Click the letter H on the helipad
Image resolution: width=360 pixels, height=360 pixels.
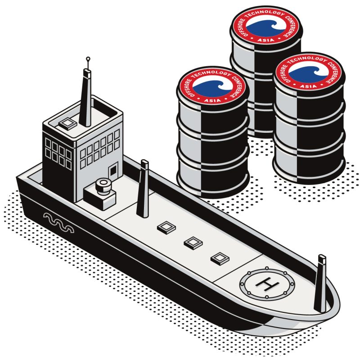(x=267, y=284)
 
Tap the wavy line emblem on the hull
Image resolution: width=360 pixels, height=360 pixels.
(x=59, y=222)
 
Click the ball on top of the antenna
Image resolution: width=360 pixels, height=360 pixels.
(x=88, y=59)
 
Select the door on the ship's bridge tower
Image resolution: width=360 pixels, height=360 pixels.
(x=113, y=171)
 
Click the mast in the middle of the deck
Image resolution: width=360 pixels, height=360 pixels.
(x=143, y=189)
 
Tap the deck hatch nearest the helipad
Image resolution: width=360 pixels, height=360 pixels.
(x=220, y=258)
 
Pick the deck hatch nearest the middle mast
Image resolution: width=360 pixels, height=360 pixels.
(x=166, y=228)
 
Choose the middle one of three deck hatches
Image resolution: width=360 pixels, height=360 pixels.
(x=193, y=243)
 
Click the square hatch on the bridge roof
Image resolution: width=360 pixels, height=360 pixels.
(x=67, y=124)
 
